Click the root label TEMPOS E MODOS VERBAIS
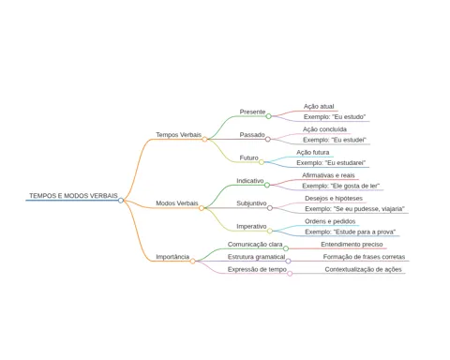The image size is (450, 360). point(73,196)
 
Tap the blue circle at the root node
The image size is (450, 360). point(121,201)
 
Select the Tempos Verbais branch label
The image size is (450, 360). point(179,135)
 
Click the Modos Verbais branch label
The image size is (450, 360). point(177,203)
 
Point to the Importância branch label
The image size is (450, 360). point(172,257)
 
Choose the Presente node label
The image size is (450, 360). point(252,112)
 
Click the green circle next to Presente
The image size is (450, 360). point(268,116)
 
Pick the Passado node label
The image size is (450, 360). point(252,135)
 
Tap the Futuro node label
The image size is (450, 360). point(249,157)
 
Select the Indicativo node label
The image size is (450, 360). point(250,181)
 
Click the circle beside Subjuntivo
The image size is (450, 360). point(270,208)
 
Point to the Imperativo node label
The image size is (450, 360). point(251,226)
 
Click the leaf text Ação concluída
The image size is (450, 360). point(324,129)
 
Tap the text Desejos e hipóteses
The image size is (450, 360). point(334,199)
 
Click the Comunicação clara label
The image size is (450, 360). point(255,245)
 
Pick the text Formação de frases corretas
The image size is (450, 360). point(364,257)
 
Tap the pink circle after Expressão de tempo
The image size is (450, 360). point(290,274)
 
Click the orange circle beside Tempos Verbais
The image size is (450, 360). point(204,140)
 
